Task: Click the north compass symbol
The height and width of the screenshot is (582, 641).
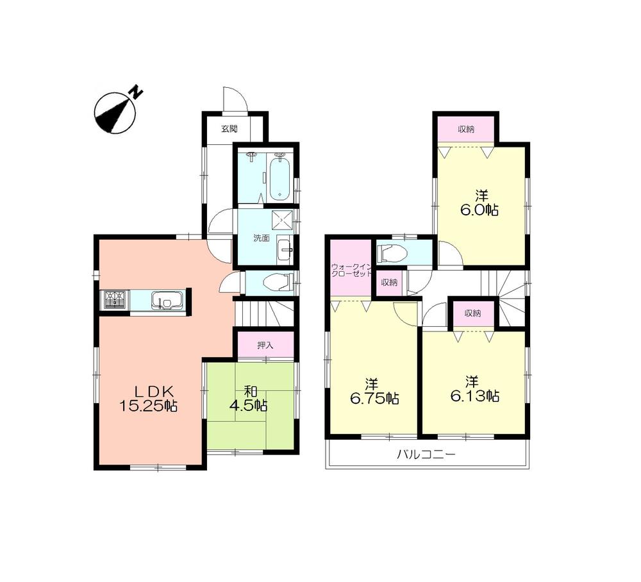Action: [116, 112]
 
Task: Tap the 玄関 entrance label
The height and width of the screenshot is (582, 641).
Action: [229, 129]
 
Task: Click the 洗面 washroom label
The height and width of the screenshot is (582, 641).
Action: [261, 238]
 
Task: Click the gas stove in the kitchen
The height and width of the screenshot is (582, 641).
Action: [115, 300]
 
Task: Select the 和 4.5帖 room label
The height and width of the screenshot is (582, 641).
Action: [249, 397]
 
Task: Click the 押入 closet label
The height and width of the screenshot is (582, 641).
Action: [265, 345]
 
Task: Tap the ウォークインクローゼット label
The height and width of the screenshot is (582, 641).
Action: [351, 269]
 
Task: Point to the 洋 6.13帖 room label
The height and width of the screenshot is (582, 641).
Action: [474, 388]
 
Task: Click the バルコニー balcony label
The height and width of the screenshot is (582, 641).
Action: [425, 456]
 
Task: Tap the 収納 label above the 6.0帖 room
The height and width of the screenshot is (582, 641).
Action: [466, 129]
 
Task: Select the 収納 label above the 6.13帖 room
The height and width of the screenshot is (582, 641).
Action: [473, 313]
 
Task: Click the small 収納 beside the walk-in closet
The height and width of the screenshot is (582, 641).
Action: [388, 283]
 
